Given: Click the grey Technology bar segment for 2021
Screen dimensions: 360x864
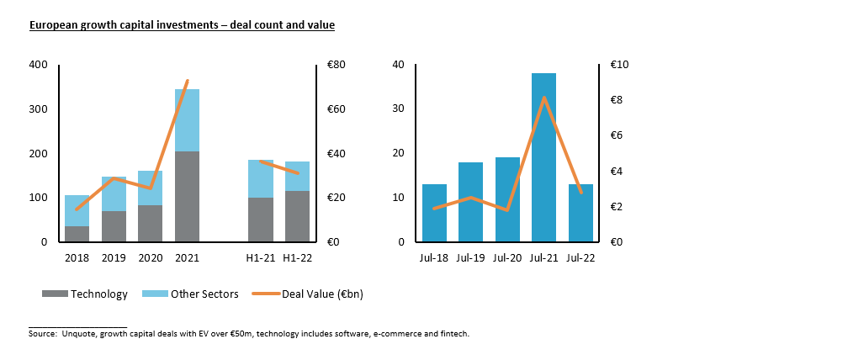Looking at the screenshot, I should point(187,197).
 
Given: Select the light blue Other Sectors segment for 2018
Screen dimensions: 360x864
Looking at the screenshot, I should point(77,210).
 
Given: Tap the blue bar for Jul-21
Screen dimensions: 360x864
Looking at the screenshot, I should point(543,157).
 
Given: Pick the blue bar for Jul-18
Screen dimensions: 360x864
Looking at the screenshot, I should point(434,213).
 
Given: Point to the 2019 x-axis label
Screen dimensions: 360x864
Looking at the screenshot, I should point(114,258).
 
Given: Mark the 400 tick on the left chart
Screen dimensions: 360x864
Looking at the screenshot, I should point(38,65).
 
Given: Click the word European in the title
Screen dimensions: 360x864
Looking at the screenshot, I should point(53,25).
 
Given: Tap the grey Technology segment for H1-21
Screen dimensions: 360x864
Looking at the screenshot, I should point(260,220).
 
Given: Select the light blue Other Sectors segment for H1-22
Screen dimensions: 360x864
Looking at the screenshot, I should point(296,176).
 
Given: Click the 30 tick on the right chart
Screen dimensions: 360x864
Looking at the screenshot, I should point(400,109).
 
